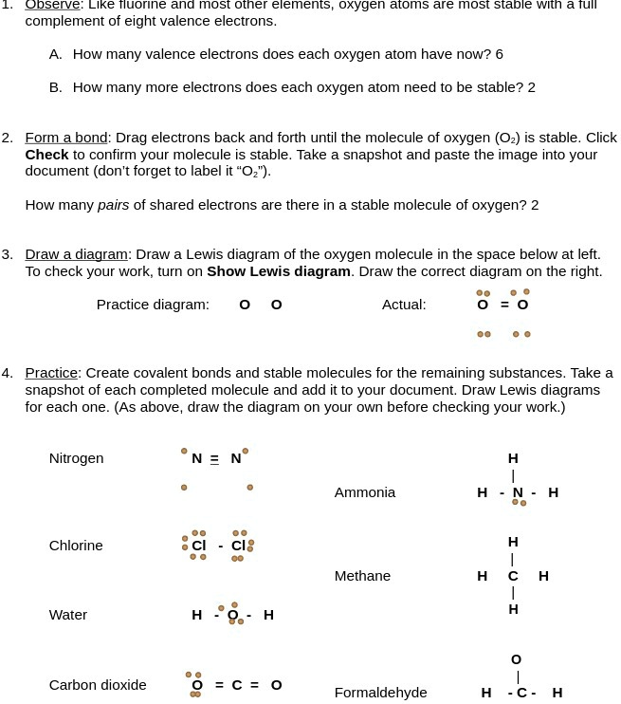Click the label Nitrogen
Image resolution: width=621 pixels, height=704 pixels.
click(x=76, y=458)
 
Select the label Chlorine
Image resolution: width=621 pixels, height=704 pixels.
click(x=76, y=546)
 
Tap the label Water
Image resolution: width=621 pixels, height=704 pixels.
click(x=68, y=615)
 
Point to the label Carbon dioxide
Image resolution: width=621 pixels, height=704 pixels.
click(x=98, y=685)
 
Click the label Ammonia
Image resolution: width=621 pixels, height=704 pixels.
click(x=365, y=492)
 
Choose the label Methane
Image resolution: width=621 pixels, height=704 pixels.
click(x=362, y=576)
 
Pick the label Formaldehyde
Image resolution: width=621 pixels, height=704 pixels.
click(x=380, y=693)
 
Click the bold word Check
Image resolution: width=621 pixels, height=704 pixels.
click(x=46, y=155)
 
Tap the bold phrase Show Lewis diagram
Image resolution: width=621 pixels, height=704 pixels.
click(x=279, y=271)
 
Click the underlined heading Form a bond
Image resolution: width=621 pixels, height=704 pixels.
click(x=66, y=138)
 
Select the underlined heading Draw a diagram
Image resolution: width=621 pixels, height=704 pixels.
click(x=76, y=254)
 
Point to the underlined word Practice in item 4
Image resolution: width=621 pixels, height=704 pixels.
click(x=51, y=373)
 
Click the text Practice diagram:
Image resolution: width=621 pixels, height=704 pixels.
click(x=153, y=305)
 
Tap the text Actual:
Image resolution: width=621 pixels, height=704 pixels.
click(x=404, y=305)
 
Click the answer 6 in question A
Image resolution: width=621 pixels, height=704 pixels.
click(x=500, y=54)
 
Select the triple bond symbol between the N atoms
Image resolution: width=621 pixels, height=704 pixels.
click(x=214, y=459)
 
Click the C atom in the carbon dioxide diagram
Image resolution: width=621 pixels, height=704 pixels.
click(x=237, y=685)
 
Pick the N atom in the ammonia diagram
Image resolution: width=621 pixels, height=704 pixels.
click(x=518, y=492)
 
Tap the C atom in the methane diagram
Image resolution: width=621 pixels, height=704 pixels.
click(x=513, y=576)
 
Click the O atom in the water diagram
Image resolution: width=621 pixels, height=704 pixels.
click(x=232, y=615)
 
